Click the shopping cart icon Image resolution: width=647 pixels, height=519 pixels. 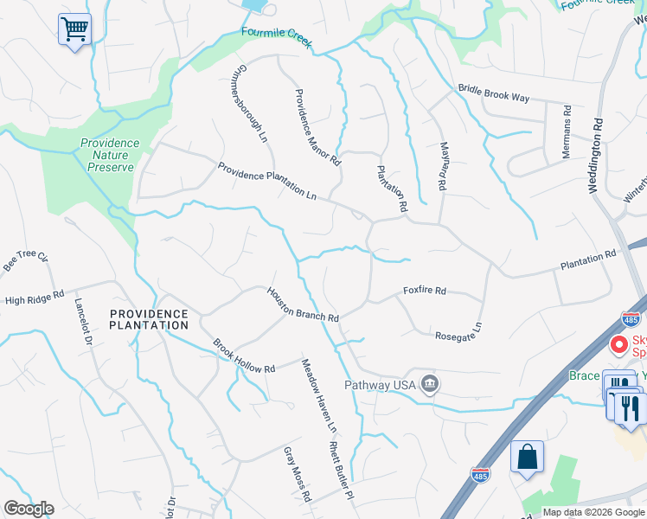74,30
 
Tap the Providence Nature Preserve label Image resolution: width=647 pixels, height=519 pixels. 110,156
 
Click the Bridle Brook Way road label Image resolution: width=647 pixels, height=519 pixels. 493,93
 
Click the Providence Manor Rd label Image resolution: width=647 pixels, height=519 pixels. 317,127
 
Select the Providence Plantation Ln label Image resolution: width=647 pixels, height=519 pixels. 266,181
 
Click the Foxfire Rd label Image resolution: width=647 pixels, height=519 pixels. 424,291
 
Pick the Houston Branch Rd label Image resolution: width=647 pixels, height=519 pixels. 302,305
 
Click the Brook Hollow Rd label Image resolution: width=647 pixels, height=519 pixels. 244,356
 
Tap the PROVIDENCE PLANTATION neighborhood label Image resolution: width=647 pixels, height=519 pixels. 149,319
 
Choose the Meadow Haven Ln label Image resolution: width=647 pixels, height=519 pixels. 317,395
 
